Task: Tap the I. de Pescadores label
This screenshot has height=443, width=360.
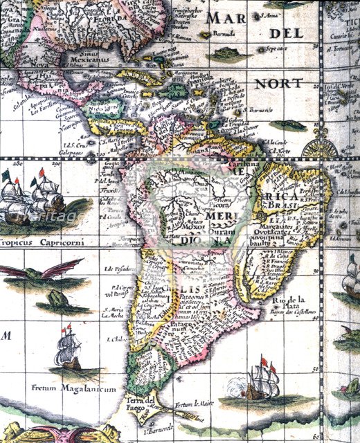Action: pos(116,269)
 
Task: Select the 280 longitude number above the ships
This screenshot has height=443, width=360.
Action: pos(10,165)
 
